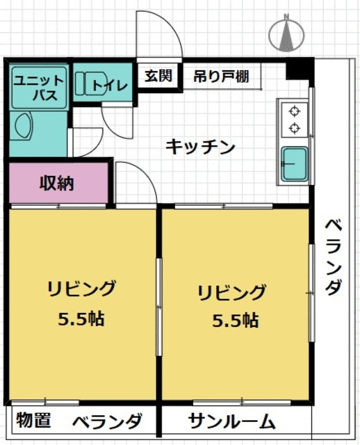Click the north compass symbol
pyautogui.click(x=286, y=33)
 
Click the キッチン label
pyautogui.click(x=200, y=147)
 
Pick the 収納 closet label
pyautogui.click(x=56, y=184)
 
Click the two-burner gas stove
pyautogui.click(x=294, y=119)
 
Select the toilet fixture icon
pyautogui.click(x=87, y=83)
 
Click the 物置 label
pyautogui.click(x=33, y=421)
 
